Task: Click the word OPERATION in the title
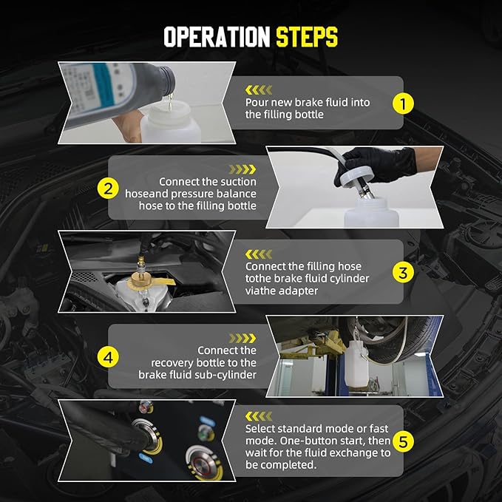[x=217, y=37]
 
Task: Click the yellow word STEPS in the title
[x=307, y=37]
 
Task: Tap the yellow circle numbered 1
[x=403, y=104]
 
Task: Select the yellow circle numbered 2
[x=108, y=189]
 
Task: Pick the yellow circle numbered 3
[x=403, y=273]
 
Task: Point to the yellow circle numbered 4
[x=108, y=357]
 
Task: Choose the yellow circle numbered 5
[x=403, y=441]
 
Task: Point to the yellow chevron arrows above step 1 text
[x=259, y=90]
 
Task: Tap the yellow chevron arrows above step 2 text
[x=242, y=169]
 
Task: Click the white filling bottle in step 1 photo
[x=171, y=123]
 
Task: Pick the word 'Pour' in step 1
[x=257, y=103]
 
